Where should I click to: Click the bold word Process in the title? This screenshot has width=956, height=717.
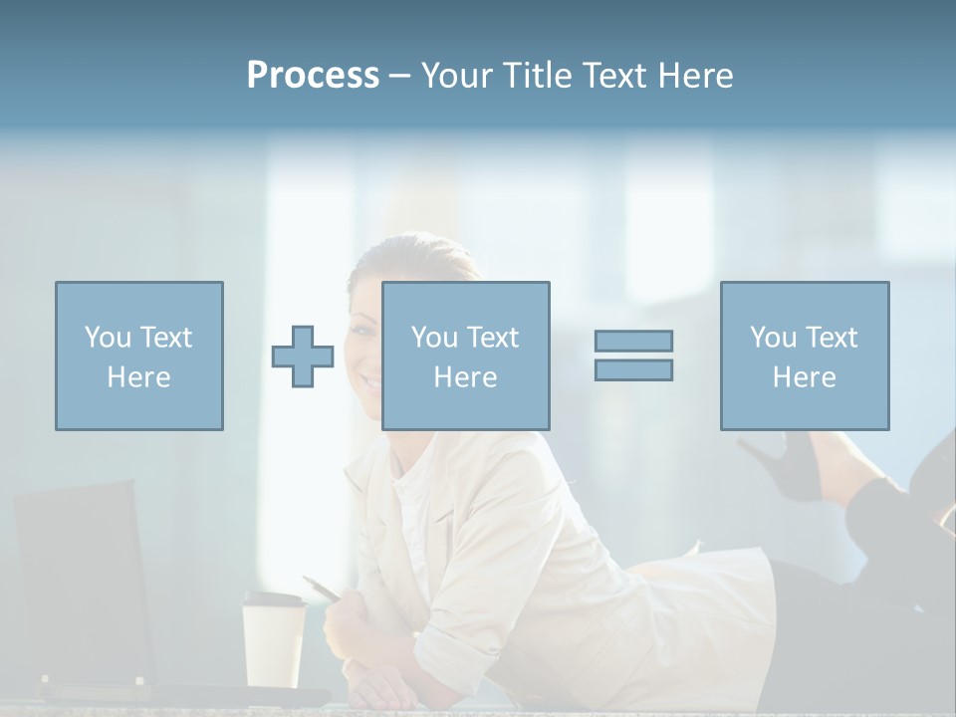pos(313,76)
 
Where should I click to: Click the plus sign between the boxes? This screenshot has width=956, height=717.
pos(303,356)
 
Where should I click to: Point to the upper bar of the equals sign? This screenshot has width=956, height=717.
pos(633,341)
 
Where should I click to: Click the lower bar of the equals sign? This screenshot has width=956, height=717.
pos(633,369)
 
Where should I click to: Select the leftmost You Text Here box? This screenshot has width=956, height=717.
pos(139,356)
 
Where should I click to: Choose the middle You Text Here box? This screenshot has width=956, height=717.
pos(465,356)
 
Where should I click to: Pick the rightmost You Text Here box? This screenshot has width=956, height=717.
pos(804,356)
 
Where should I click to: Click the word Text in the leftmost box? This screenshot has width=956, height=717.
pos(165,337)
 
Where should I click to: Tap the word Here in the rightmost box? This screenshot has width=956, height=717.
pos(804,376)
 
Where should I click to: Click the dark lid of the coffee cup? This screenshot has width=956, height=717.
pos(273,600)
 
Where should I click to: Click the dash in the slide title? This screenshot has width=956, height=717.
pos(400,77)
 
